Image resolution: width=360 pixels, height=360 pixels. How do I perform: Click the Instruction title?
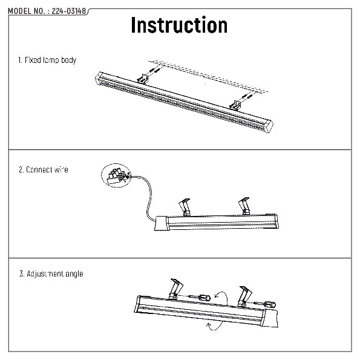[179, 25]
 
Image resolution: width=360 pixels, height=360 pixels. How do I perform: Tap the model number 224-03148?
[68, 11]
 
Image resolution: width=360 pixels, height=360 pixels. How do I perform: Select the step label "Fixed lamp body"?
[50, 60]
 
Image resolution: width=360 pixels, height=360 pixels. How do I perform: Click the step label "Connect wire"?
[47, 169]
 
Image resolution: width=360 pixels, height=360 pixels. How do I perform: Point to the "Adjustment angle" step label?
[54, 273]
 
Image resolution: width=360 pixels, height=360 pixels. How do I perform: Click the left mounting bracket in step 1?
[143, 79]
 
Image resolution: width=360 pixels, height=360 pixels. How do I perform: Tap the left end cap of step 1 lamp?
[99, 79]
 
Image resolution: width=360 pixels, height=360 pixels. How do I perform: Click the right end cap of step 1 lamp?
[269, 126]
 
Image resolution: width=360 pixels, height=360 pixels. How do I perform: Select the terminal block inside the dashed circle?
[116, 175]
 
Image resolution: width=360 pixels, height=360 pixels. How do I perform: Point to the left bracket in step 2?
[186, 208]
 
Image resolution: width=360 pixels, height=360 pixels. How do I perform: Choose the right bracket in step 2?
[244, 206]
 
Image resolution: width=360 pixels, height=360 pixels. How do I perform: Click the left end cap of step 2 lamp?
[161, 223]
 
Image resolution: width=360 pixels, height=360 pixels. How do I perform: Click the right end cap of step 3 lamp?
[270, 318]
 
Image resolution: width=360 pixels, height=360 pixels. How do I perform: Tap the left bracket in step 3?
[175, 289]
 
